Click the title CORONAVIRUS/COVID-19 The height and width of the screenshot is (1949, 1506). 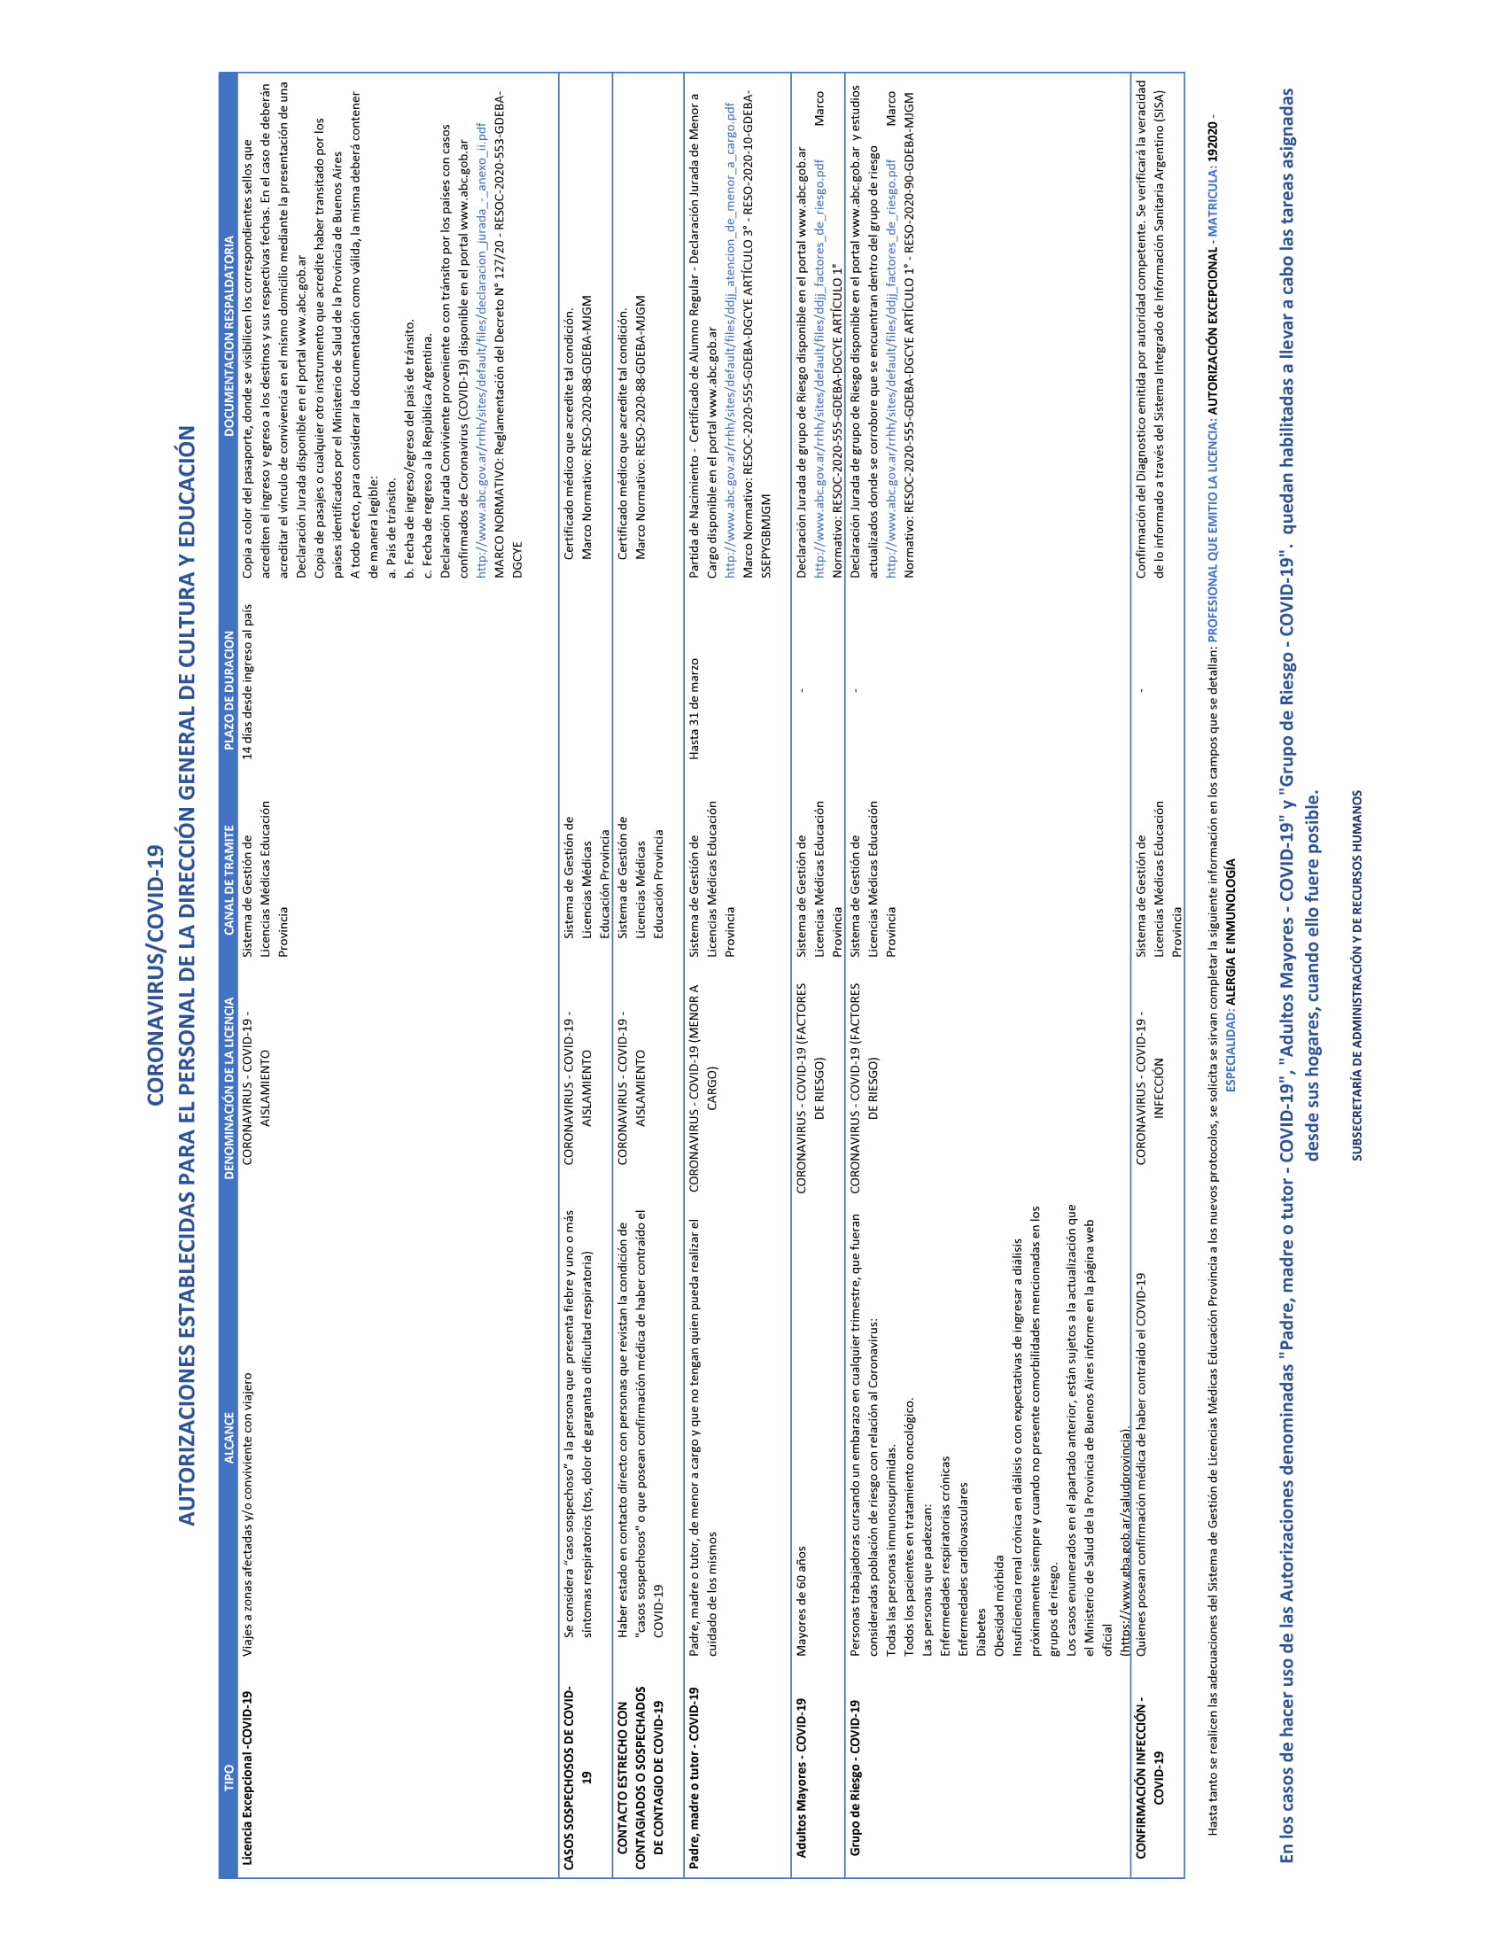point(156,974)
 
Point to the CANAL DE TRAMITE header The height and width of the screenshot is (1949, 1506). point(229,880)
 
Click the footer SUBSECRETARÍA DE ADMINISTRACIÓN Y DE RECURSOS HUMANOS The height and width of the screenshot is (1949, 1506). point(1356,974)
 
